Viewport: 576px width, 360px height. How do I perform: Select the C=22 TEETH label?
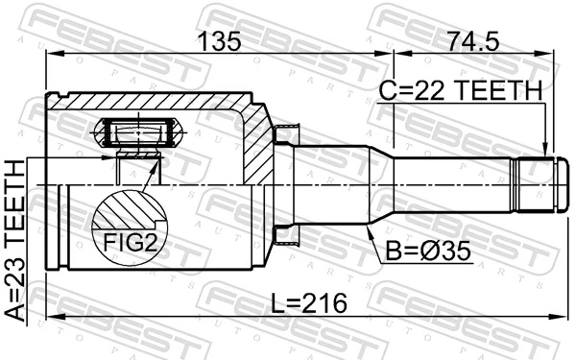(460, 91)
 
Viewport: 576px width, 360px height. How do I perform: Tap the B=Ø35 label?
(429, 253)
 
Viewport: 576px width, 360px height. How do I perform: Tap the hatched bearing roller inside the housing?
(136, 130)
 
